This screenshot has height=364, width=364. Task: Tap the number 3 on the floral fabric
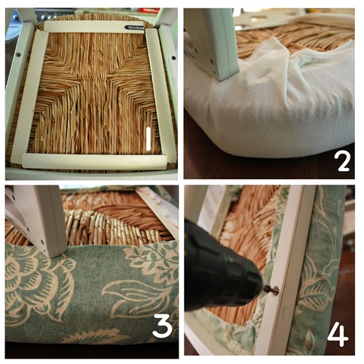(161, 326)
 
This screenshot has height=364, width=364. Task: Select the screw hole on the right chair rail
(172, 53)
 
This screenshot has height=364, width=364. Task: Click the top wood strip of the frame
(90, 26)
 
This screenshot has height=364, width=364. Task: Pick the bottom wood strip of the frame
(90, 161)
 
